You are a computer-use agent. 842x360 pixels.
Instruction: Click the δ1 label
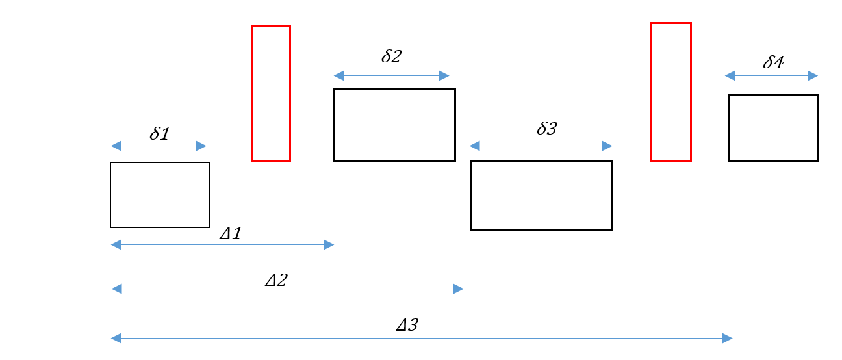[x=159, y=133]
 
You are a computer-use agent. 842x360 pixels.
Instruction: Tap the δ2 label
[x=391, y=56]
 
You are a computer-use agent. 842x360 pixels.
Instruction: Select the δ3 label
[x=546, y=128]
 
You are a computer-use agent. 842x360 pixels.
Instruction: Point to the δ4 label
[x=773, y=62]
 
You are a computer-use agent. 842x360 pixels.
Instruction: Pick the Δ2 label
[x=276, y=280]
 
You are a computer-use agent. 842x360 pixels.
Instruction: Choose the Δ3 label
[x=407, y=324]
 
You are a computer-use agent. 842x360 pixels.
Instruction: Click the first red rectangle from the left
[x=271, y=93]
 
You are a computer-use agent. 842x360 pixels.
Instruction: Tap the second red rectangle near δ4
[x=670, y=92]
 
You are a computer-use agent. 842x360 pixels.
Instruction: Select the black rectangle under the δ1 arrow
[x=160, y=195]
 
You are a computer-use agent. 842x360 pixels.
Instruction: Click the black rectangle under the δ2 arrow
[x=394, y=125]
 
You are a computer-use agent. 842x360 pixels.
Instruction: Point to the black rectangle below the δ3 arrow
[x=541, y=195]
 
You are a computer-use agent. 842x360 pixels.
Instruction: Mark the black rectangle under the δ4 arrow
[x=772, y=127]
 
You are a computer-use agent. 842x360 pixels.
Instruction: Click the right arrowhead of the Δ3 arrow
[x=728, y=338]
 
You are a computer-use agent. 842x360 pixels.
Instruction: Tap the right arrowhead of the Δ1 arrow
[x=329, y=244]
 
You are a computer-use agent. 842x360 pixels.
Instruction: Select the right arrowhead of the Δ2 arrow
[x=459, y=289]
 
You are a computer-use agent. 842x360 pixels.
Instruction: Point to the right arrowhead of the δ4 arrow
[x=813, y=76]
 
